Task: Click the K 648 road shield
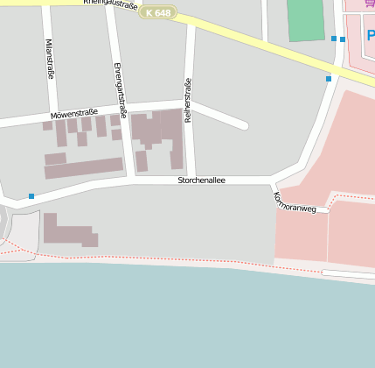click(158, 13)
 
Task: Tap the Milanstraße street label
click(49, 60)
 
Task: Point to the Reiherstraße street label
click(187, 100)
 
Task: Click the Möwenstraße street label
click(73, 114)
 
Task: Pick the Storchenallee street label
click(201, 180)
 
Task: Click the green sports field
click(306, 19)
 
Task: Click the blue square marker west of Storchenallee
click(31, 195)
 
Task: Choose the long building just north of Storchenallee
click(84, 167)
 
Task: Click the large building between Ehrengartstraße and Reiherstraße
click(157, 131)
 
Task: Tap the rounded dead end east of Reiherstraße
click(243, 125)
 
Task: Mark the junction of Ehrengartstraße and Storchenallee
click(131, 180)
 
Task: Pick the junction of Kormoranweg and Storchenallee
click(273, 181)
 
